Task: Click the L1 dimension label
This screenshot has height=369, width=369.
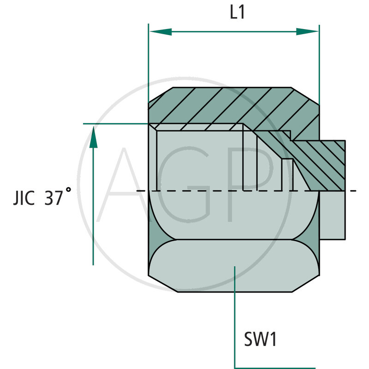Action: pyautogui.click(x=237, y=13)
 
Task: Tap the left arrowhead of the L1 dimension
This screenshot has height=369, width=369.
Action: pyautogui.click(x=159, y=32)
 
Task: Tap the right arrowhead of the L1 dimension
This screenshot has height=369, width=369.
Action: pyautogui.click(x=308, y=32)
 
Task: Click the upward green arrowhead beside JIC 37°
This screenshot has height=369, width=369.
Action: pyautogui.click(x=93, y=137)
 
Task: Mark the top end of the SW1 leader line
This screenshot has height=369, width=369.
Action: pyautogui.click(x=235, y=267)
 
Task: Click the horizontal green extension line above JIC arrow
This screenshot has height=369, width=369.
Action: pyautogui.click(x=115, y=124)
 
